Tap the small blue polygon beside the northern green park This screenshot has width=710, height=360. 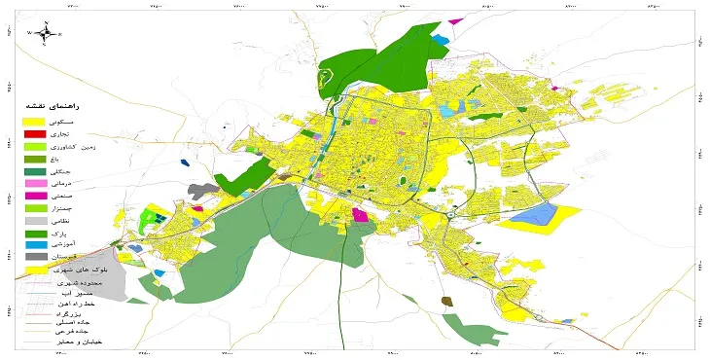[x=443, y=40]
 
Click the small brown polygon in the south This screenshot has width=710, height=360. [x=446, y=303]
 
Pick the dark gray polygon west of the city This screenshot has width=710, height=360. [x=201, y=189]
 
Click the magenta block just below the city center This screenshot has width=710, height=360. [x=360, y=214]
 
